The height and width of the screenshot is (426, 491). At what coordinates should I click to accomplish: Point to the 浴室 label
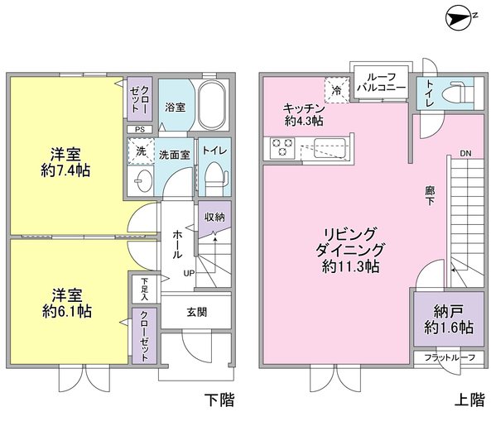click(174, 108)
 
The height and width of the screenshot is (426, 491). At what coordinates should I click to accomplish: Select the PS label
click(139, 129)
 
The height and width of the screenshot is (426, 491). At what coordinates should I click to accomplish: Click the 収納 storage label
click(214, 217)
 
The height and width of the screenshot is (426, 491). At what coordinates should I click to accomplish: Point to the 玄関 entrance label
click(196, 312)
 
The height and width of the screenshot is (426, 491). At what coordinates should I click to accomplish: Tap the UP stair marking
click(189, 273)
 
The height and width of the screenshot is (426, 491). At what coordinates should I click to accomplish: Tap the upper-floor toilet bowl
click(458, 93)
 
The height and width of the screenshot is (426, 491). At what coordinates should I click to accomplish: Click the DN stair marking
click(465, 155)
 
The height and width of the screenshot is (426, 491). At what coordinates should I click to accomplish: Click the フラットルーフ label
click(448, 357)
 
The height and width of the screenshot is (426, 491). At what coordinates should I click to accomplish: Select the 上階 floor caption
click(469, 400)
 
